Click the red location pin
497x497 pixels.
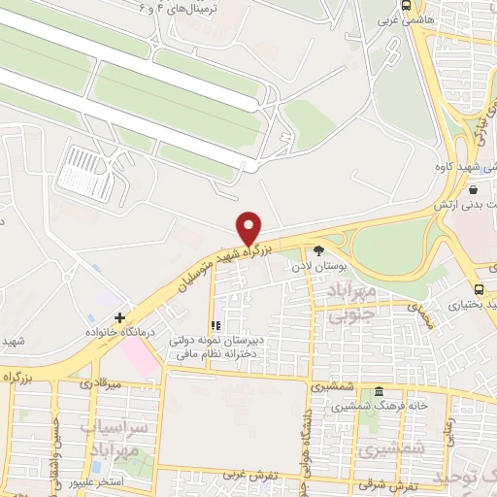coord(249,227)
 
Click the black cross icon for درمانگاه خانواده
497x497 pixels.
coord(119,317)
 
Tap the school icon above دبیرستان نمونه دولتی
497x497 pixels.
coord(215,325)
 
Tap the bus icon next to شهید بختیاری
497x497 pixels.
coord(480,289)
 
